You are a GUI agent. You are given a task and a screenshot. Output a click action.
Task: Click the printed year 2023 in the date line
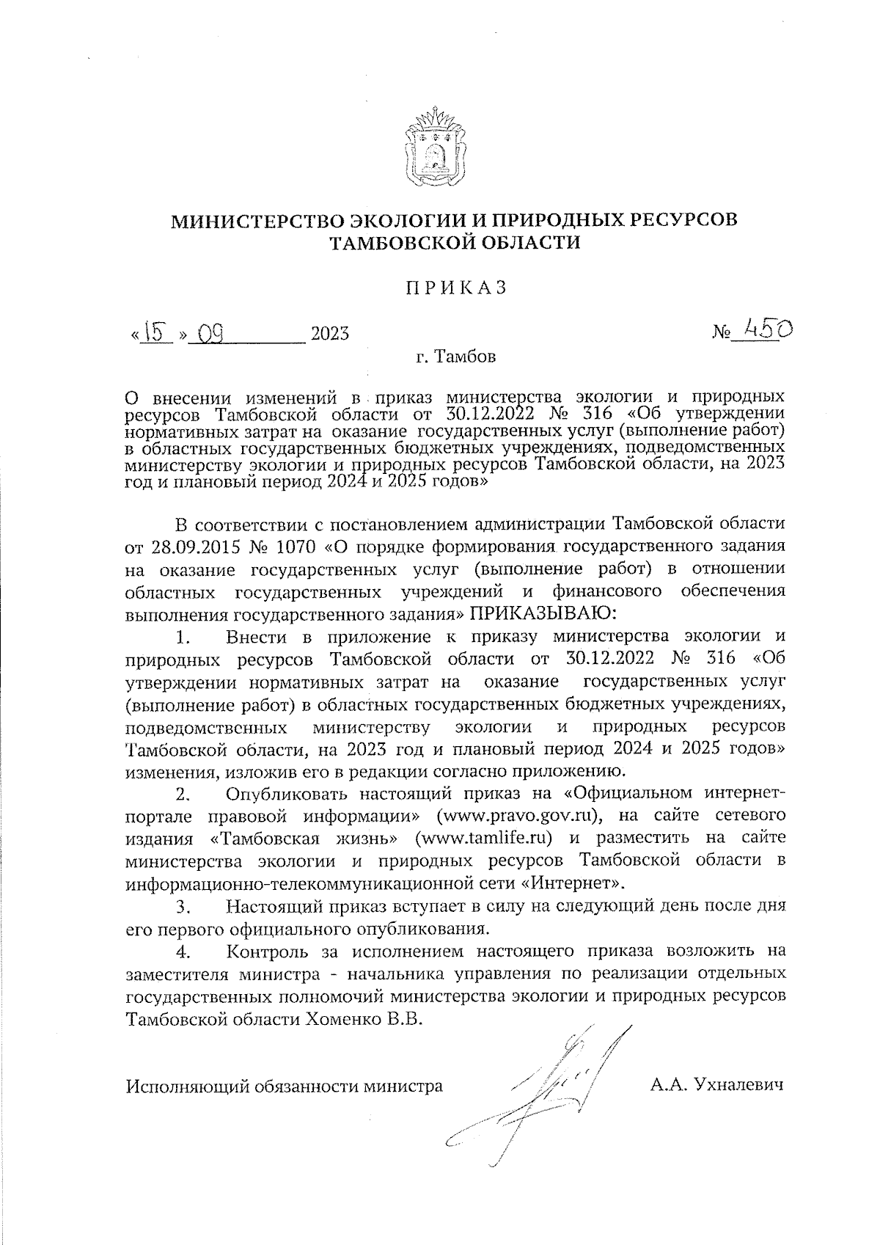(x=330, y=335)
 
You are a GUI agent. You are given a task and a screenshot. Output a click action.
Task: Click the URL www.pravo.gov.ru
(x=520, y=815)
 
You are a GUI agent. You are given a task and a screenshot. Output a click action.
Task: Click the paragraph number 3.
(x=183, y=907)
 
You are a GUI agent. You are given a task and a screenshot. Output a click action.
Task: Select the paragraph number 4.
(x=183, y=952)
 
